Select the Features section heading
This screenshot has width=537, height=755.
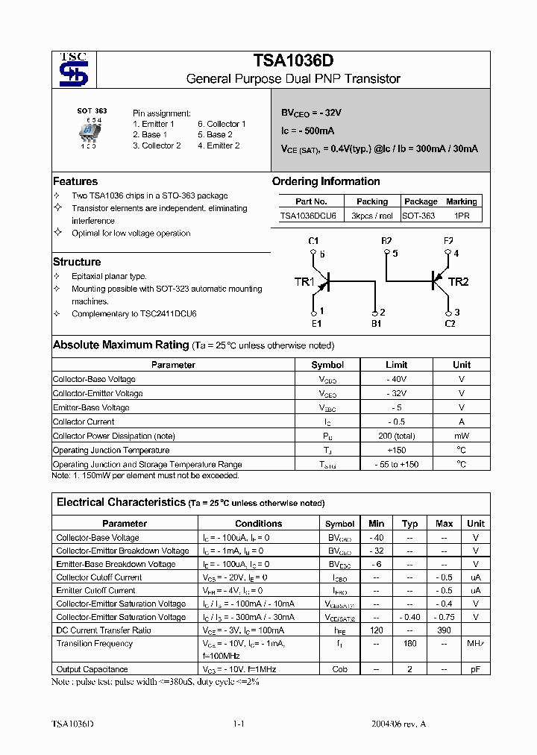[75, 181]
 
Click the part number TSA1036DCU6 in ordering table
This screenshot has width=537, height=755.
[308, 216]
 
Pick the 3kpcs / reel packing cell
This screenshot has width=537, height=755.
[371, 216]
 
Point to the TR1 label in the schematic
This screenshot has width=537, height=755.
[304, 281]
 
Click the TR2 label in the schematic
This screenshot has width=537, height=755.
[458, 281]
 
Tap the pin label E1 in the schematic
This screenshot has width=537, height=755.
[316, 324]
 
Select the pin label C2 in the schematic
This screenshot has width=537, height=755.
[450, 324]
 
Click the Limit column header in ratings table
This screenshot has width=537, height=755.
[396, 365]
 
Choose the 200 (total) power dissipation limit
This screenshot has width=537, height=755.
[396, 436]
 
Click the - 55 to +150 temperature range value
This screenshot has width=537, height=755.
[396, 464]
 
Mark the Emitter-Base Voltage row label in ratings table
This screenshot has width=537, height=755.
[91, 407]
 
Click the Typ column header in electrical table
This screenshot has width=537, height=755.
[409, 524]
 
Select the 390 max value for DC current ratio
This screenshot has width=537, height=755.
[444, 630]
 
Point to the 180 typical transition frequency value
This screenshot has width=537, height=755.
[409, 643]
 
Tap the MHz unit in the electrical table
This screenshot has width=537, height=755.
[475, 643]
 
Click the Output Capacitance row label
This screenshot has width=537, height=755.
[92, 669]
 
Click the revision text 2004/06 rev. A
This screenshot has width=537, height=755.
[399, 724]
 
